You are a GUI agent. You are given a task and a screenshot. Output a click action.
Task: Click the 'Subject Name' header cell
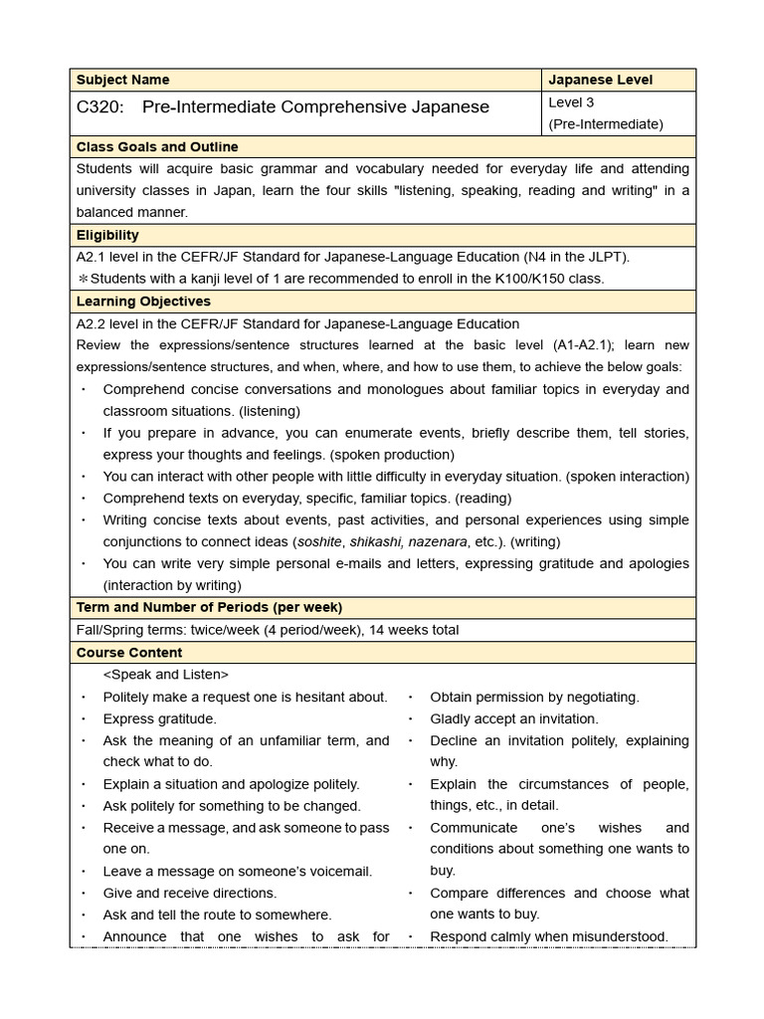[x=122, y=80]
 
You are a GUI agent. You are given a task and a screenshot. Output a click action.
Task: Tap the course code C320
[x=98, y=106]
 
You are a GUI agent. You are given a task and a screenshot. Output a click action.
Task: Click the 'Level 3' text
[x=573, y=102]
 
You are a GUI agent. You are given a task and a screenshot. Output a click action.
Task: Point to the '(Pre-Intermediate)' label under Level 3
[x=605, y=124]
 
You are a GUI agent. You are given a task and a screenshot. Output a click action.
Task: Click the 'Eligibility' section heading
[x=107, y=235]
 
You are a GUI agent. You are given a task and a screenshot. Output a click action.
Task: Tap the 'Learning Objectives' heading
[x=143, y=301]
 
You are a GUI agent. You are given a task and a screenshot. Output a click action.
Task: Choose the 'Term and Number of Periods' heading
[x=209, y=607]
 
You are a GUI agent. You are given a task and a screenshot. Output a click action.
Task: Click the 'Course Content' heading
[x=129, y=653]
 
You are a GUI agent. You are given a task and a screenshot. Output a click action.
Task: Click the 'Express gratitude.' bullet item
[x=159, y=718]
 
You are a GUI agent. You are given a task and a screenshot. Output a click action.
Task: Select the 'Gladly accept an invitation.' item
[x=514, y=718]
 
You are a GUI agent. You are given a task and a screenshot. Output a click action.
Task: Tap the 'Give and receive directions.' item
[x=190, y=893]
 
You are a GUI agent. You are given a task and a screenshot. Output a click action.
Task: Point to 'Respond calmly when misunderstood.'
[x=549, y=936]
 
